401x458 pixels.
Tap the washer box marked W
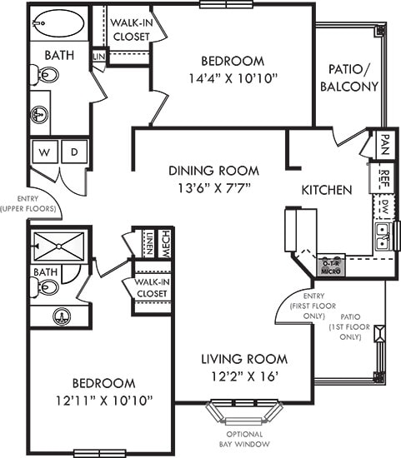[x=43, y=152]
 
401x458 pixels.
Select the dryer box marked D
[x=73, y=152]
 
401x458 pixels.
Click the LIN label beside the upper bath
[x=98, y=57]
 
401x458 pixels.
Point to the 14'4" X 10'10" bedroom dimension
[x=233, y=79]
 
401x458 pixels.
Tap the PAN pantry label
[x=384, y=146]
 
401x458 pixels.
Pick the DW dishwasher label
[x=384, y=206]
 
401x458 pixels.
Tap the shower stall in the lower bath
[x=58, y=246]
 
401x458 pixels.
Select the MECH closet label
[x=165, y=241]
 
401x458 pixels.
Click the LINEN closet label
[x=148, y=242]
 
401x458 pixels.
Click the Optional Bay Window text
[x=244, y=439]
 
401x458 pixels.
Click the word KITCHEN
[x=326, y=190]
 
